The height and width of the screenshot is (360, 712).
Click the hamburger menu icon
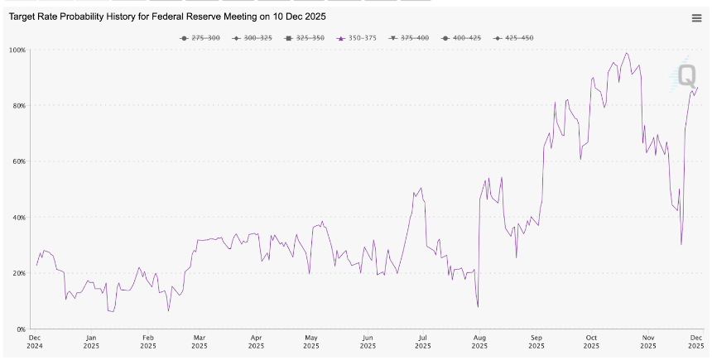click(696, 18)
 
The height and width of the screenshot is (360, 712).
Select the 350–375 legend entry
click(356, 38)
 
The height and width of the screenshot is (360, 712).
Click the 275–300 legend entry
click(200, 38)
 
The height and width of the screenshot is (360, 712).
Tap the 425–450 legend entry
click(513, 38)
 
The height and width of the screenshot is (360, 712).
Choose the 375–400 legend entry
click(409, 38)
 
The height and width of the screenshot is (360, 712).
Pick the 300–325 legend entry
click(252, 38)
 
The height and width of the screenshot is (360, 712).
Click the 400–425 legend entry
click(461, 38)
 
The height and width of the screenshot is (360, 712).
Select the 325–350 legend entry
click(304, 38)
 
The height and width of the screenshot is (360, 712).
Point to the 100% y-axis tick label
click(17, 50)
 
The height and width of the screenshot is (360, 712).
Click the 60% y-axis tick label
click(19, 161)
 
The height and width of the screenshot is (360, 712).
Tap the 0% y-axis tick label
click(21, 329)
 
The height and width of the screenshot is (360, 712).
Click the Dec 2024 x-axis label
click(34, 342)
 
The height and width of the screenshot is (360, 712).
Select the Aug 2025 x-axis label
click(479, 342)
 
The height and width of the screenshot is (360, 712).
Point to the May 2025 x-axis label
click(311, 342)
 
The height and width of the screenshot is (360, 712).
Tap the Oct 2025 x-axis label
click(591, 342)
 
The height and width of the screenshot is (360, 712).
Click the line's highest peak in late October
click(627, 53)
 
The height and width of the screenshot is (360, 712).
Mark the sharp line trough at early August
click(479, 307)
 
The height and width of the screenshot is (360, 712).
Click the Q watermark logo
click(683, 75)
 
